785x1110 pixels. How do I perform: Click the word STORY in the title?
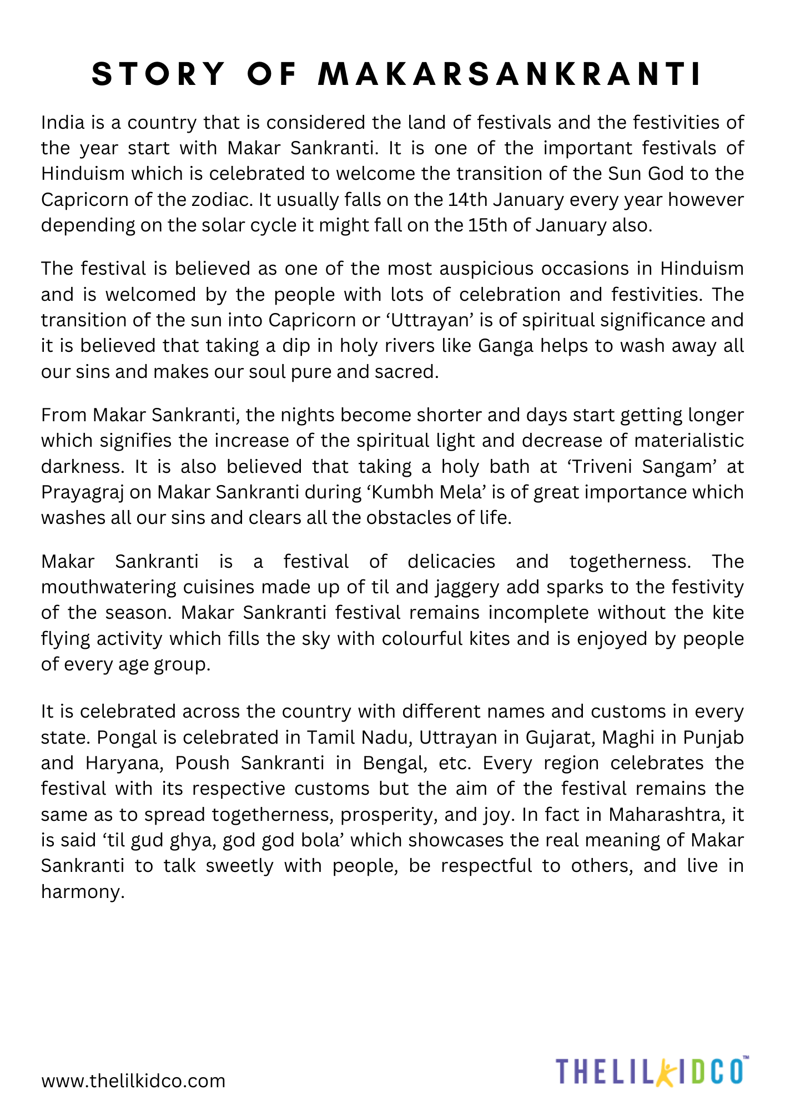coord(159,74)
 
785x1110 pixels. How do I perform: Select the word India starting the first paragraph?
coord(63,123)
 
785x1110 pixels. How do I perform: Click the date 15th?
coord(489,225)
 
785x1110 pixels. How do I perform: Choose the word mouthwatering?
coord(108,587)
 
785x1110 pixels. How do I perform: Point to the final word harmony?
coord(82,892)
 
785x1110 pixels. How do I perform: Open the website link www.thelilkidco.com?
coord(133,1081)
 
